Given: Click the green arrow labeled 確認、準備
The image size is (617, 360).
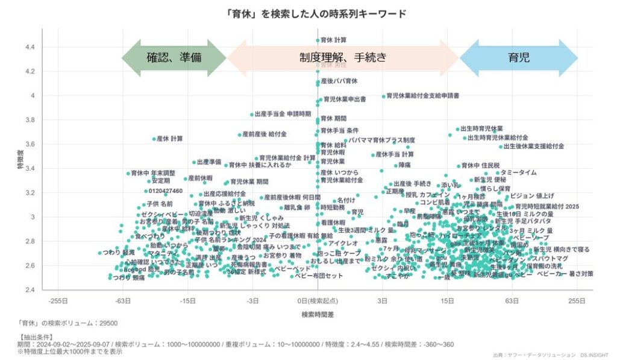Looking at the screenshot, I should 174,58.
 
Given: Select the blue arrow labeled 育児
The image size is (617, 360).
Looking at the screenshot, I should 519,58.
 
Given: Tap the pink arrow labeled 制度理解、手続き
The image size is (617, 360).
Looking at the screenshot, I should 342,58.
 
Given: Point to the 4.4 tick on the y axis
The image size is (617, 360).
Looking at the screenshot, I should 30,47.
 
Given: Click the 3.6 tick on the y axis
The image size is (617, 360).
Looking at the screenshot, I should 30,144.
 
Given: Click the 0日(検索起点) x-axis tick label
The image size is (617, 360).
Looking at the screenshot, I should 318,300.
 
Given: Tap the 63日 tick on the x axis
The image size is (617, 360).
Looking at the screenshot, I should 512,300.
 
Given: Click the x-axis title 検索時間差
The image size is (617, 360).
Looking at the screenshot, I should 318,315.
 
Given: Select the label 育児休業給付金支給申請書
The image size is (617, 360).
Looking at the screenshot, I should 422,95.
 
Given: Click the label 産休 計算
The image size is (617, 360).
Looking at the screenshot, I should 169,139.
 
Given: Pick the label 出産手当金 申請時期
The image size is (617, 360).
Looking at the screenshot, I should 283,114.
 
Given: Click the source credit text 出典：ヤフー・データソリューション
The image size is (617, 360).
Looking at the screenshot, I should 530,355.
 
